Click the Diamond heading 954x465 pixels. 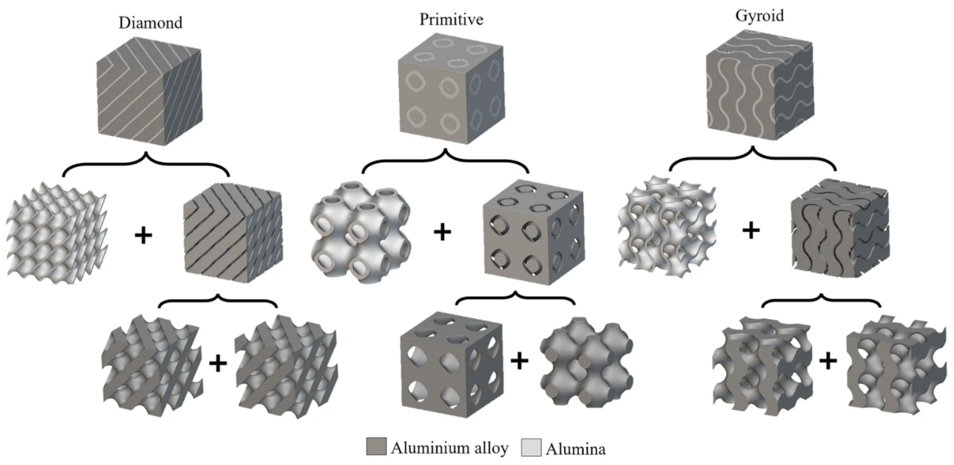(150, 23)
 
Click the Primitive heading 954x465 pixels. (451, 19)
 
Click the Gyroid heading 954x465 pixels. (760, 16)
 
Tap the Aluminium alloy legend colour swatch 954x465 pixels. (376, 447)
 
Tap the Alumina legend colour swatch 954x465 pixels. (531, 447)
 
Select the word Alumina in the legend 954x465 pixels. (575, 449)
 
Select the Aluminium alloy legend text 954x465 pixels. (450, 448)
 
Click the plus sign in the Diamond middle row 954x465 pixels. (143, 236)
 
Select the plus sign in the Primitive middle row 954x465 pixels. (442, 233)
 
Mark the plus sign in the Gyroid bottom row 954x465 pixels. (828, 362)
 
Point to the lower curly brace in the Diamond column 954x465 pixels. (218, 302)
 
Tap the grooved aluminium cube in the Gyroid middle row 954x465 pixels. (840, 228)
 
